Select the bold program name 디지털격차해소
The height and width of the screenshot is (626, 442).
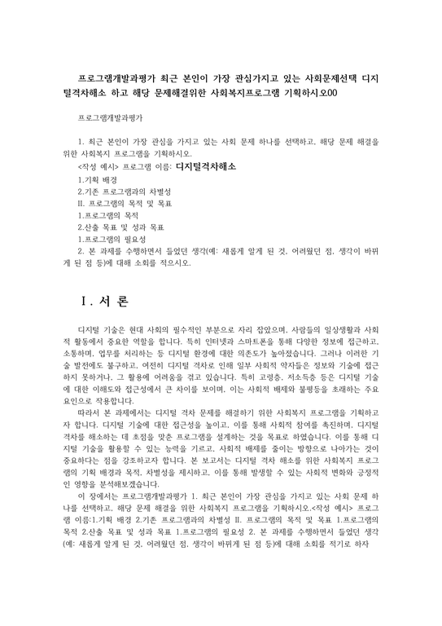206,165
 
